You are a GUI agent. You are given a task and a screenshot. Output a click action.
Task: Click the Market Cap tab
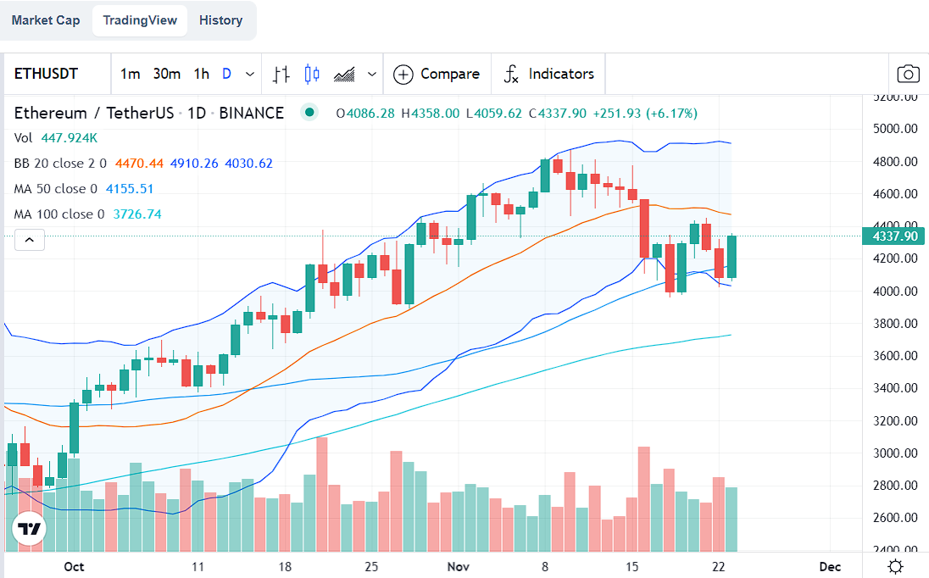coord(46,20)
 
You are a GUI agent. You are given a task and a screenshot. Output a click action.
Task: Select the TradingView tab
coord(140,20)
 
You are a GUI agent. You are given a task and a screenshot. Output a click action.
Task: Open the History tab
coord(220,20)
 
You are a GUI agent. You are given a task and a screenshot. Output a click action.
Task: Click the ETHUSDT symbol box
coord(47,74)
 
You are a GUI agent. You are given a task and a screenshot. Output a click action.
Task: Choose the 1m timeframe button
coord(130,74)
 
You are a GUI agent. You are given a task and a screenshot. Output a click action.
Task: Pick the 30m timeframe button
coord(167,74)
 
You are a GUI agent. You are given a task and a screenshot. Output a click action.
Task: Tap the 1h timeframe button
coord(201,74)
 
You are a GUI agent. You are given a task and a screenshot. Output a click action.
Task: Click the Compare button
coord(437,74)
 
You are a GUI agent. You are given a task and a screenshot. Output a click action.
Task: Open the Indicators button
coord(549,74)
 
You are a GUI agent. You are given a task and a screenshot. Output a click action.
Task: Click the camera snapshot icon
coord(908,74)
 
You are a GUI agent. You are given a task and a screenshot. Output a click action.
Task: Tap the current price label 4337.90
coord(894,236)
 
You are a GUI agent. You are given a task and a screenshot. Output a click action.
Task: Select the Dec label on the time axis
coord(830,566)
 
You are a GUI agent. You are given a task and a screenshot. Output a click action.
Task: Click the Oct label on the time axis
coord(74,566)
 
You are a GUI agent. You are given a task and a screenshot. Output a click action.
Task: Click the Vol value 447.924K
coord(69,138)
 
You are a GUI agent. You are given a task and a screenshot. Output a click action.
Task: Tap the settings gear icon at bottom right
coord(895,566)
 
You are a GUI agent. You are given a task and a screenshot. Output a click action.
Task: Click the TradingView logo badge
coord(29,531)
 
